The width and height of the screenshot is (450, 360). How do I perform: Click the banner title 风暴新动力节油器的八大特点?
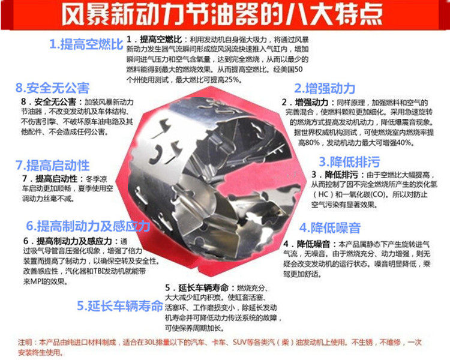point(222,14)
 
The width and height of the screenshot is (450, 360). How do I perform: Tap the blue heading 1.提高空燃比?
point(86,44)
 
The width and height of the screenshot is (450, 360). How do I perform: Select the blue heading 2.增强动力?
point(325,88)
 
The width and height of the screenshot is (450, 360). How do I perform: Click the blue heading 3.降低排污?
point(350,161)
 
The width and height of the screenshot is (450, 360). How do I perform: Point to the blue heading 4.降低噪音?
point(330,227)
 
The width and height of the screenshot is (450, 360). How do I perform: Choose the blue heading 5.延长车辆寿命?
point(120,306)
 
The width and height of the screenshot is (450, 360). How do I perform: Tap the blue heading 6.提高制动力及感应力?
point(88,226)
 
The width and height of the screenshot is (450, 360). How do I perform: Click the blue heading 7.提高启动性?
point(53,165)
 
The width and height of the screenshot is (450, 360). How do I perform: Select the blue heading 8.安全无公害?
point(53,88)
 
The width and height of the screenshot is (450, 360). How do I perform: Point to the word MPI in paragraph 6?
point(36,281)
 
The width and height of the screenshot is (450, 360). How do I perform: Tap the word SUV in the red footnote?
point(239,342)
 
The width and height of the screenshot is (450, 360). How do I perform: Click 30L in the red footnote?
point(150,342)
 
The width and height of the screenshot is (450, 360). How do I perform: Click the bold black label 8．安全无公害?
point(49,102)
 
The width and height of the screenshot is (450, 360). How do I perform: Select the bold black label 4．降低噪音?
point(307,244)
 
